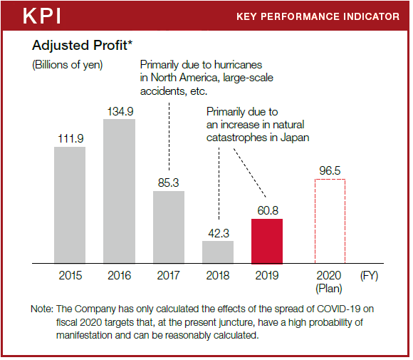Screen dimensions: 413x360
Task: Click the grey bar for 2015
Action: pyautogui.click(x=70, y=205)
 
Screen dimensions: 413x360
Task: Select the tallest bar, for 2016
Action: pyautogui.click(x=120, y=191)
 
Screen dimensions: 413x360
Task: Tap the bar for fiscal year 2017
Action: pyautogui.click(x=169, y=227)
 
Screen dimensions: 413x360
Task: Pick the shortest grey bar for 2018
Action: pyautogui.click(x=218, y=252)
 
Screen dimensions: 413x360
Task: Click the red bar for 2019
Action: pyautogui.click(x=267, y=241)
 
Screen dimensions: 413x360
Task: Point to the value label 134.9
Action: pyautogui.click(x=120, y=111)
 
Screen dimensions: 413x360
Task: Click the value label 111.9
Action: pyautogui.click(x=70, y=139)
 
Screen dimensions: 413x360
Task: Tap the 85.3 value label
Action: pyautogui.click(x=169, y=182)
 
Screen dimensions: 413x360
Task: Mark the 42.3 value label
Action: pyautogui.click(x=219, y=233)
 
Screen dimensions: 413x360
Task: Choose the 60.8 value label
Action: pyautogui.click(x=268, y=211)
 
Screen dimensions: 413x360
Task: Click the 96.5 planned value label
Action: pyautogui.click(x=330, y=170)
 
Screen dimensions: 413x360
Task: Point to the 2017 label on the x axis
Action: pyautogui.click(x=168, y=276)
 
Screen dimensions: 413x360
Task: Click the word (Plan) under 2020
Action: pyautogui.click(x=329, y=289)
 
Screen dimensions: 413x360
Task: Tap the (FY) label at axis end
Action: pyautogui.click(x=369, y=276)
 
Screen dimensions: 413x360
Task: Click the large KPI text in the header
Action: pyautogui.click(x=42, y=16)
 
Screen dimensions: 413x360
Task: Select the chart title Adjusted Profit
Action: pyautogui.click(x=82, y=46)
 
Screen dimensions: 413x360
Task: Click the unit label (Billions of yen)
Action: pyautogui.click(x=68, y=65)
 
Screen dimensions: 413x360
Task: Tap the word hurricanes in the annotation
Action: pyautogui.click(x=238, y=65)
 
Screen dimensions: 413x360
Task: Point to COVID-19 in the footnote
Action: pyautogui.click(x=338, y=309)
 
